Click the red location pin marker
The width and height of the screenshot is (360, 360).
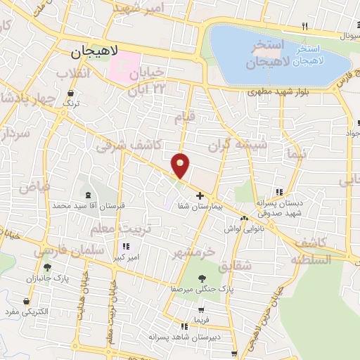coord(181,166)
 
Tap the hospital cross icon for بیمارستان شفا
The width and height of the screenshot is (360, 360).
coord(200,195)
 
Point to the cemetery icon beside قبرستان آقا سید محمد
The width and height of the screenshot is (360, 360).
coord(87,195)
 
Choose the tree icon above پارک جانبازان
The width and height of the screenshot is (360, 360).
coord(47,267)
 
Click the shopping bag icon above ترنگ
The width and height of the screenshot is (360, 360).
coord(71,92)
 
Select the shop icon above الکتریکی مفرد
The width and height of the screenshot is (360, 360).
coord(27,301)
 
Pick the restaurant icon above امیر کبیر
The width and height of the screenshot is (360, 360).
coord(127,246)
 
